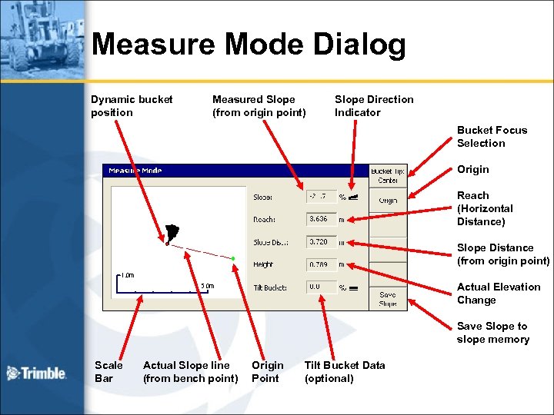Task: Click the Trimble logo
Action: [36, 373]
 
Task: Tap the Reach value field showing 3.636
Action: [321, 219]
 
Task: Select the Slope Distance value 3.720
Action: [321, 242]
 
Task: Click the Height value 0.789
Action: [321, 265]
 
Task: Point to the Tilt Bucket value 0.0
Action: [321, 287]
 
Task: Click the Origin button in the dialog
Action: [388, 201]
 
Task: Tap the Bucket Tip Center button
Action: [388, 176]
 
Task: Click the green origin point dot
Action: [232, 258]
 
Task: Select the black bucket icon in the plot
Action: [171, 232]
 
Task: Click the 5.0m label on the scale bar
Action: [207, 286]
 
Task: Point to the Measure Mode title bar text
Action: [135, 171]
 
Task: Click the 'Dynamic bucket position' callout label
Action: [132, 106]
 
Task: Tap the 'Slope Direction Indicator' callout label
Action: [374, 106]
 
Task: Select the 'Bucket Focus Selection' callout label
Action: [492, 137]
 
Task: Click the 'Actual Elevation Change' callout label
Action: [498, 294]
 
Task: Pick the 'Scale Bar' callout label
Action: [108, 372]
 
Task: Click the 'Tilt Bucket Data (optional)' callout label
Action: [344, 372]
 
